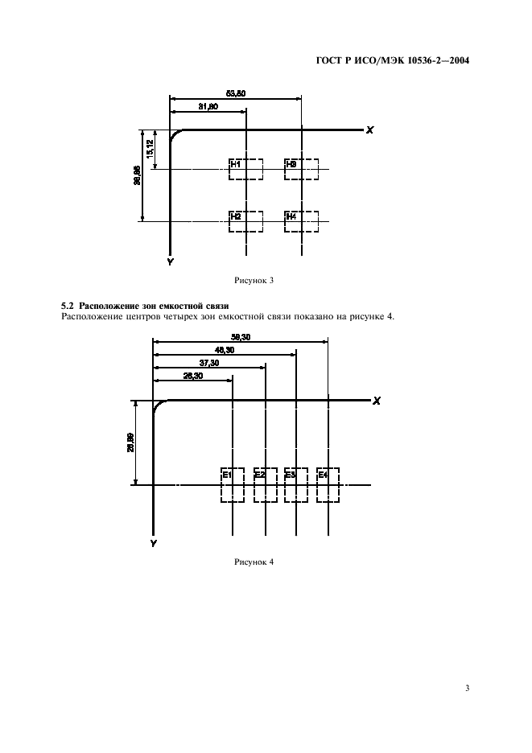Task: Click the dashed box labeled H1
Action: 245,169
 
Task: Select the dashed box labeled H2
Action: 245,220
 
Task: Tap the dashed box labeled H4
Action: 302,220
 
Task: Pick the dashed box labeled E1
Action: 233,484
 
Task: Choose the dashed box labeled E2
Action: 265,484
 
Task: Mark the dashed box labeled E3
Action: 296,484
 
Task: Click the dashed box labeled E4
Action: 328,484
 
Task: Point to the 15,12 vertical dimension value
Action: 150,148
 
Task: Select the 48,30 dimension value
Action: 225,350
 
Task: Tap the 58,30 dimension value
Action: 240,337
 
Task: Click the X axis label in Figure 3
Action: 369,130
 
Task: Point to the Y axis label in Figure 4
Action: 153,544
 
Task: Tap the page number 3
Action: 467,689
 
